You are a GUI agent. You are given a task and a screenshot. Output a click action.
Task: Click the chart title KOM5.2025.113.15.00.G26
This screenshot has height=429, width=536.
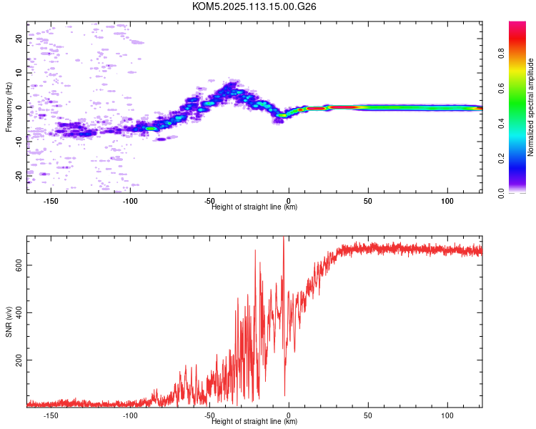coord(254,6)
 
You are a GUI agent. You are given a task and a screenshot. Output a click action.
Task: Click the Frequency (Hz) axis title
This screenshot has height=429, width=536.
coord(9,107)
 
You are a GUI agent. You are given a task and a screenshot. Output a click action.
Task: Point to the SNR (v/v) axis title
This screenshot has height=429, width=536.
coord(9,322)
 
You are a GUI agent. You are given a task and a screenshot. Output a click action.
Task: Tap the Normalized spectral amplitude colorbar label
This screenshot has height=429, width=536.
coord(530,107)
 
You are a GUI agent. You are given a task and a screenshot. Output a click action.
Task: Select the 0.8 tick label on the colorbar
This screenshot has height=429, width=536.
coord(501,54)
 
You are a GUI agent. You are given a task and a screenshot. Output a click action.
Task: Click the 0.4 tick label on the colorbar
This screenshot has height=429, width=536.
coord(501,124)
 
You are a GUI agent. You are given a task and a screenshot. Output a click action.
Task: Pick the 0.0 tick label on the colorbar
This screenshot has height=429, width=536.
coord(501,194)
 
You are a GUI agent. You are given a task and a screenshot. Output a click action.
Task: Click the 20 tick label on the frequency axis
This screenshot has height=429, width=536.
coord(19,39)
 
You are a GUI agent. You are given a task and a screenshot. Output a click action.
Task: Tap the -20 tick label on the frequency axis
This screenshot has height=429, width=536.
coord(19,176)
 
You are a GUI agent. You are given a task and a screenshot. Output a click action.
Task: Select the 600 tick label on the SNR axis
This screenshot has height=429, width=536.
coord(19,265)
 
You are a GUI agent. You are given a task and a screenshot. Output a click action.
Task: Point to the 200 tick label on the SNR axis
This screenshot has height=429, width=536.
coord(19,360)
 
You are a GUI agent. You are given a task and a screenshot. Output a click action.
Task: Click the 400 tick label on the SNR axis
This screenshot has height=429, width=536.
coord(19,312)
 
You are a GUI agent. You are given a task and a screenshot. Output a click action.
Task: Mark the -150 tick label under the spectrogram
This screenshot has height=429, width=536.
coord(51,201)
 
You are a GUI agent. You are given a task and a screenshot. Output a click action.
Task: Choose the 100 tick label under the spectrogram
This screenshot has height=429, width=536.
coord(447,201)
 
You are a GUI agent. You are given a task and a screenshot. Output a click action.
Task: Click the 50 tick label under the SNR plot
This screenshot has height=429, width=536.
coord(368,415)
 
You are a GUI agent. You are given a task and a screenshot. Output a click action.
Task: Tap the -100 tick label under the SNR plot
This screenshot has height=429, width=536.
coord(130,415)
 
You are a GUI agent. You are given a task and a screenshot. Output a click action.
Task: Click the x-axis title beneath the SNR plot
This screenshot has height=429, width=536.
coord(254,421)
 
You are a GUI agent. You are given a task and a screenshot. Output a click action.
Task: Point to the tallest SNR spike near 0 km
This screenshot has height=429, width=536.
coord(284,237)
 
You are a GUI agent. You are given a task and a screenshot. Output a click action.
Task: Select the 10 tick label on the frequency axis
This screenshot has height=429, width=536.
coord(19,73)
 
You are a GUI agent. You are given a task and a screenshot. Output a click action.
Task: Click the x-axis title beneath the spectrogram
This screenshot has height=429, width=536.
coord(254,207)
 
